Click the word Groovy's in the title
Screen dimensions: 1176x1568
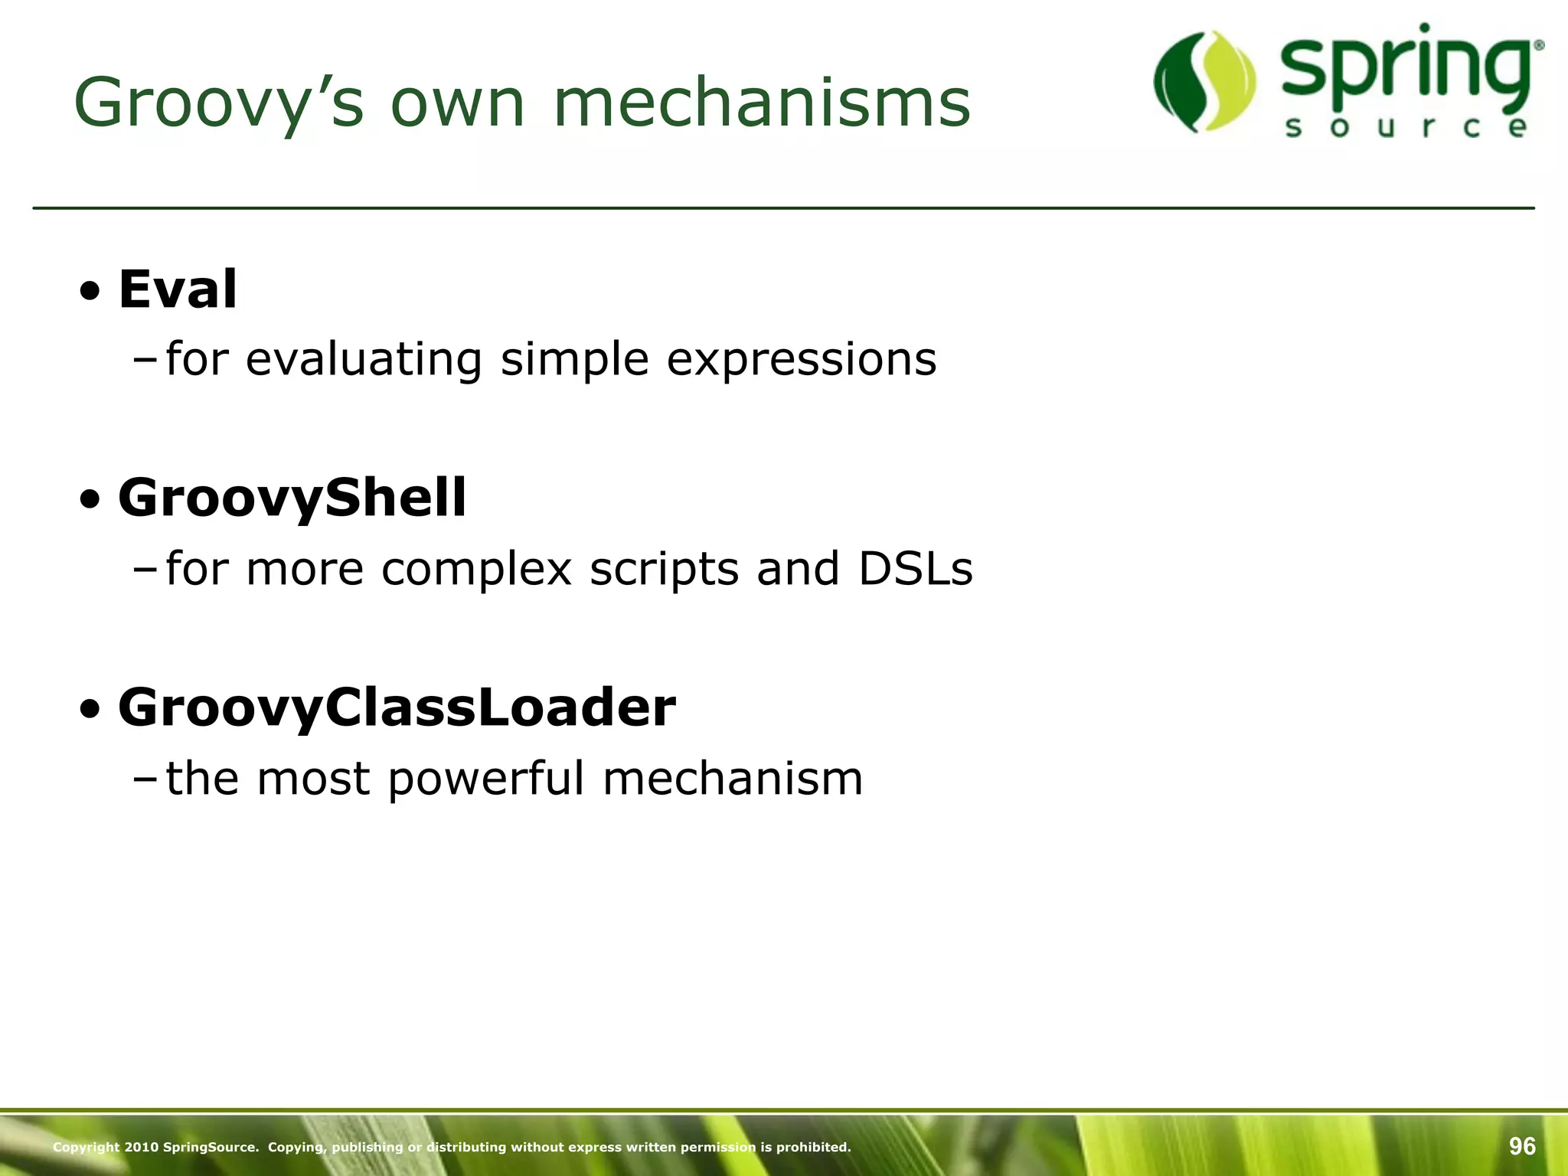[x=218, y=103]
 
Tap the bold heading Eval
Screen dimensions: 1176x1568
[x=178, y=289]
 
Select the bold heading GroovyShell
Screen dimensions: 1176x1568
[x=292, y=498]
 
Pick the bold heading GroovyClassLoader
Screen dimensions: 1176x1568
[x=397, y=707]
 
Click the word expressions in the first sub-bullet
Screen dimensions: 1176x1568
[x=801, y=360]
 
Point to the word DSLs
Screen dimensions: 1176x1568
[x=915, y=570]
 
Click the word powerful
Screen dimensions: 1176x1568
[x=486, y=779]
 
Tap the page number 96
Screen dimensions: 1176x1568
[x=1522, y=1146]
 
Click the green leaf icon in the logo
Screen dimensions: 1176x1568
[x=1205, y=81]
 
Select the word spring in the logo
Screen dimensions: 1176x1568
[x=1406, y=73]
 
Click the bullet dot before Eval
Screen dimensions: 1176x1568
[x=90, y=292]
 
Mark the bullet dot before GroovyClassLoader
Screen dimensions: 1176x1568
[x=90, y=710]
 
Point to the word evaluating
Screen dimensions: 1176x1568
[x=364, y=360]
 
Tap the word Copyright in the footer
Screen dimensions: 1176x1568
[x=87, y=1147]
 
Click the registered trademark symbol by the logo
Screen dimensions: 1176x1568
[x=1539, y=46]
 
